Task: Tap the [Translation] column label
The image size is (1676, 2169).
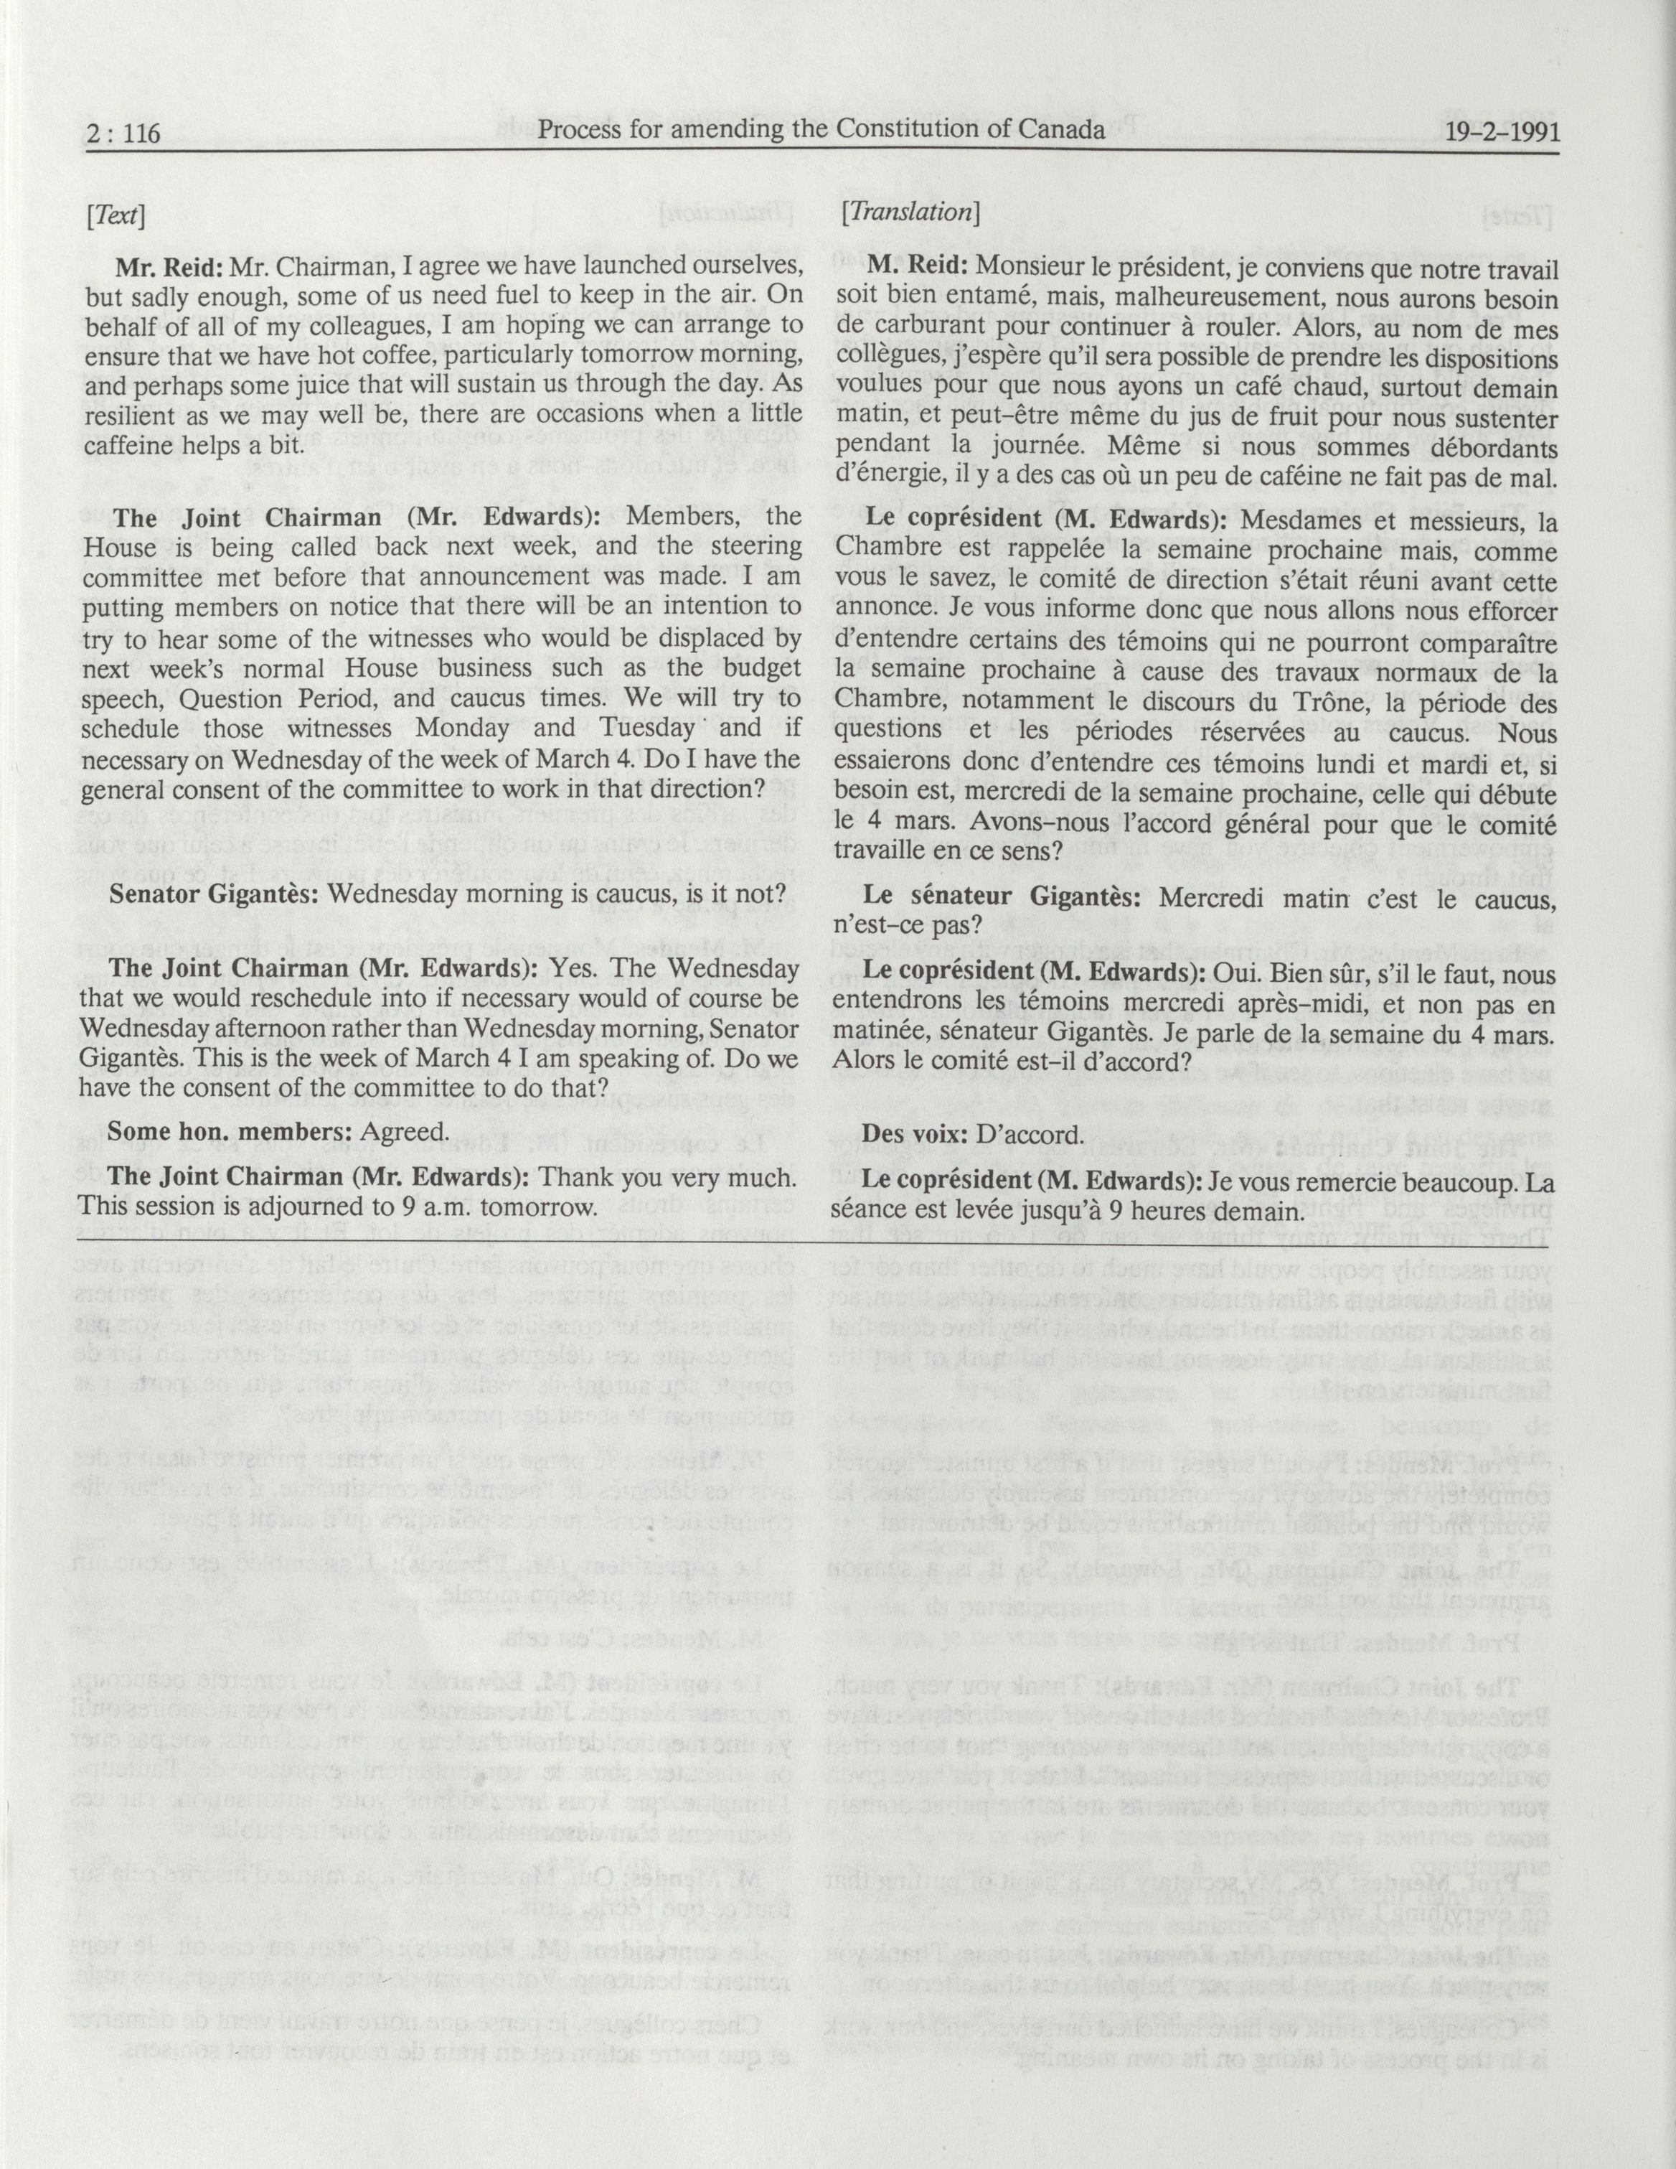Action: [x=910, y=212]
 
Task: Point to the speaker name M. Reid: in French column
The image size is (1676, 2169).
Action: [x=918, y=267]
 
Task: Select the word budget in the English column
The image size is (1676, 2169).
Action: [x=745, y=667]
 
